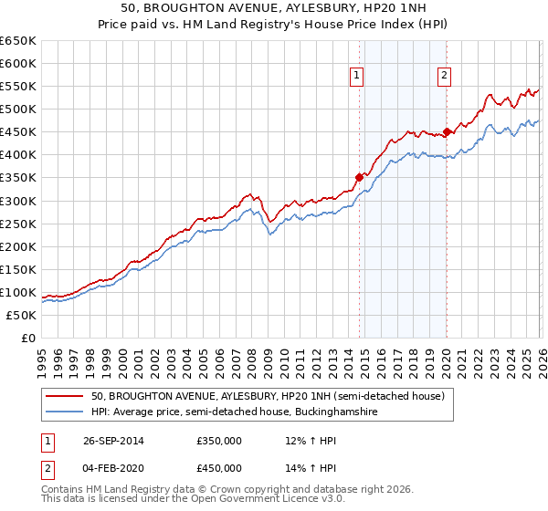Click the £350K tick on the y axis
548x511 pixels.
(x=18, y=178)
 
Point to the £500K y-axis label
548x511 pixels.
(x=18, y=109)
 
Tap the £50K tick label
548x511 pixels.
(x=21, y=315)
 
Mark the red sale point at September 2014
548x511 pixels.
(x=359, y=177)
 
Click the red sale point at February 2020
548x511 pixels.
(x=447, y=130)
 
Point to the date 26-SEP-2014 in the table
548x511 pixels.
(x=117, y=441)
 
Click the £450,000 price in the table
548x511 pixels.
(x=219, y=468)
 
